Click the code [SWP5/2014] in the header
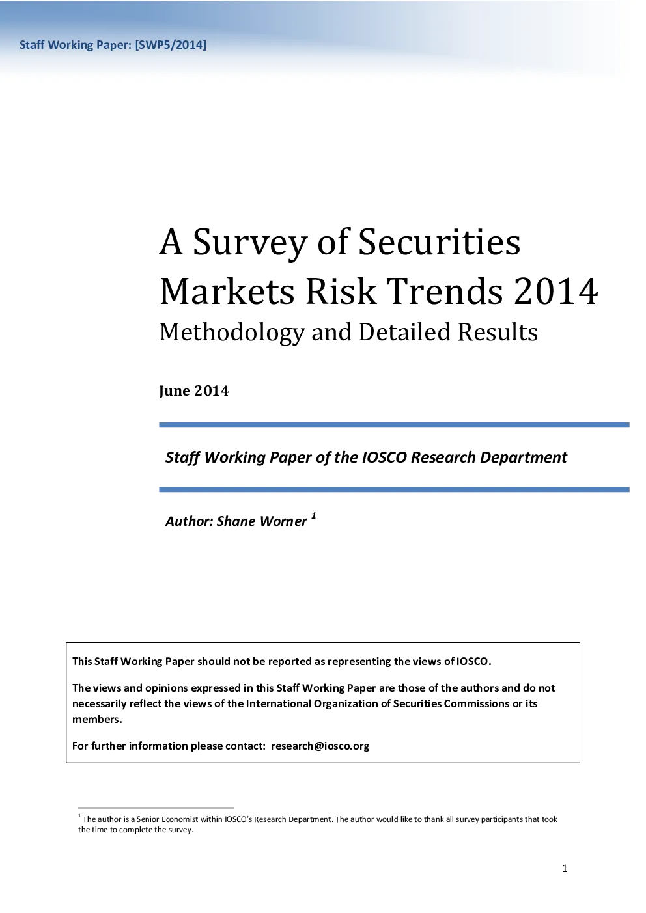[171, 45]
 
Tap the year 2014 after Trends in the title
[556, 291]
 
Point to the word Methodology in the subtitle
[232, 333]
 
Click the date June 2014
[194, 390]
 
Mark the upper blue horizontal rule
[394, 424]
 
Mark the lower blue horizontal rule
[394, 489]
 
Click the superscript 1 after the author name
[313, 516]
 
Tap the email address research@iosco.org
[320, 746]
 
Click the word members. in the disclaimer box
[97, 719]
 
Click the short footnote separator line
[156, 808]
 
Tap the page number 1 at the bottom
[565, 869]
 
